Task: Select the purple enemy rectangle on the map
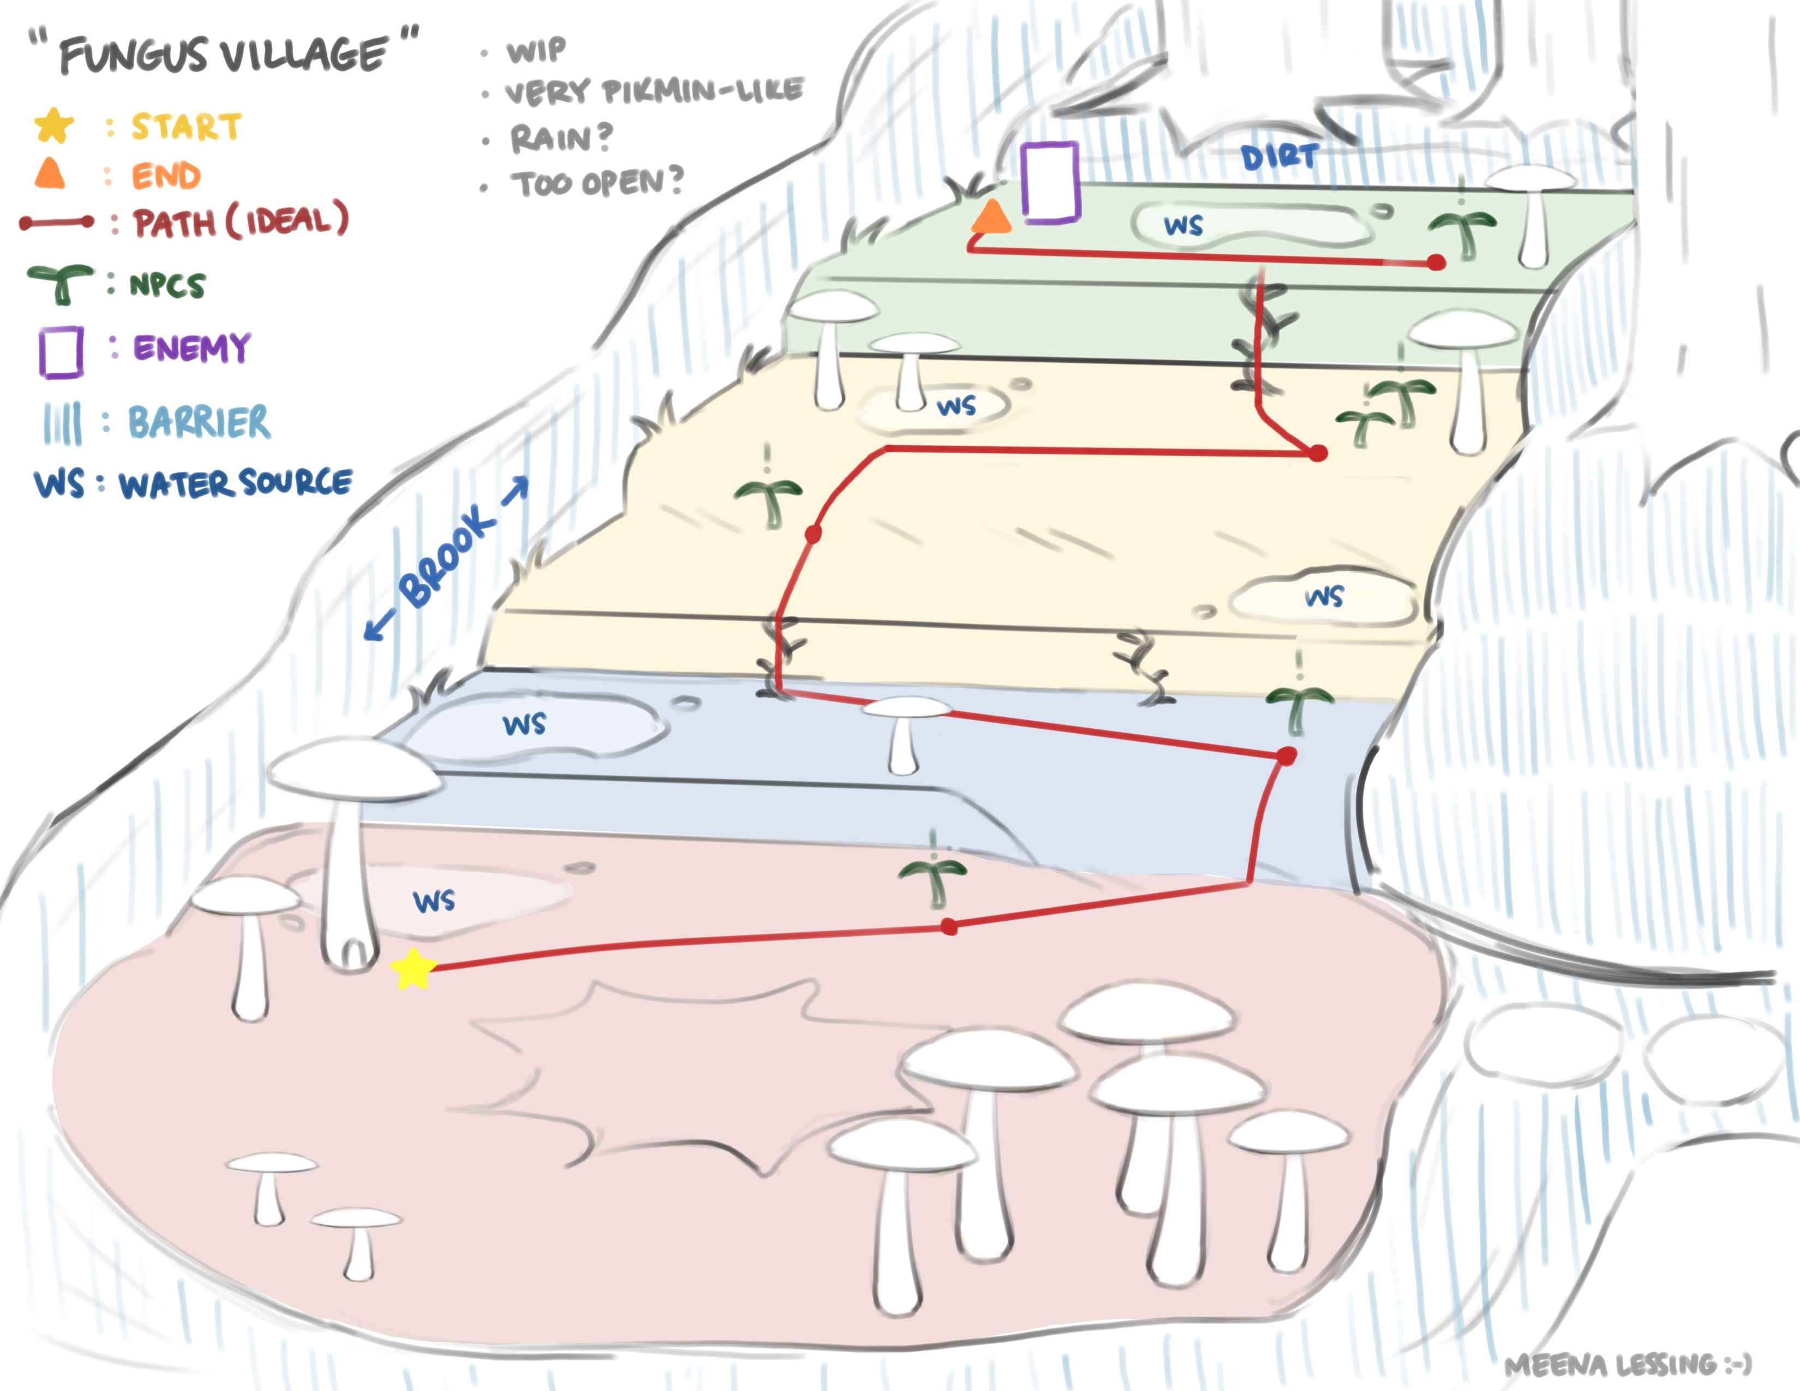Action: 1050,182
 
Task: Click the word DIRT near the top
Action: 1279,157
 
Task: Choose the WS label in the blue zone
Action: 525,724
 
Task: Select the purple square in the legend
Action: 61,352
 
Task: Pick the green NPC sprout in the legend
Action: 60,283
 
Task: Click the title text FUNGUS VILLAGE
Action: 223,55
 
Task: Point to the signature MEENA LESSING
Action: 1627,1365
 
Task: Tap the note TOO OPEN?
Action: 597,182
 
